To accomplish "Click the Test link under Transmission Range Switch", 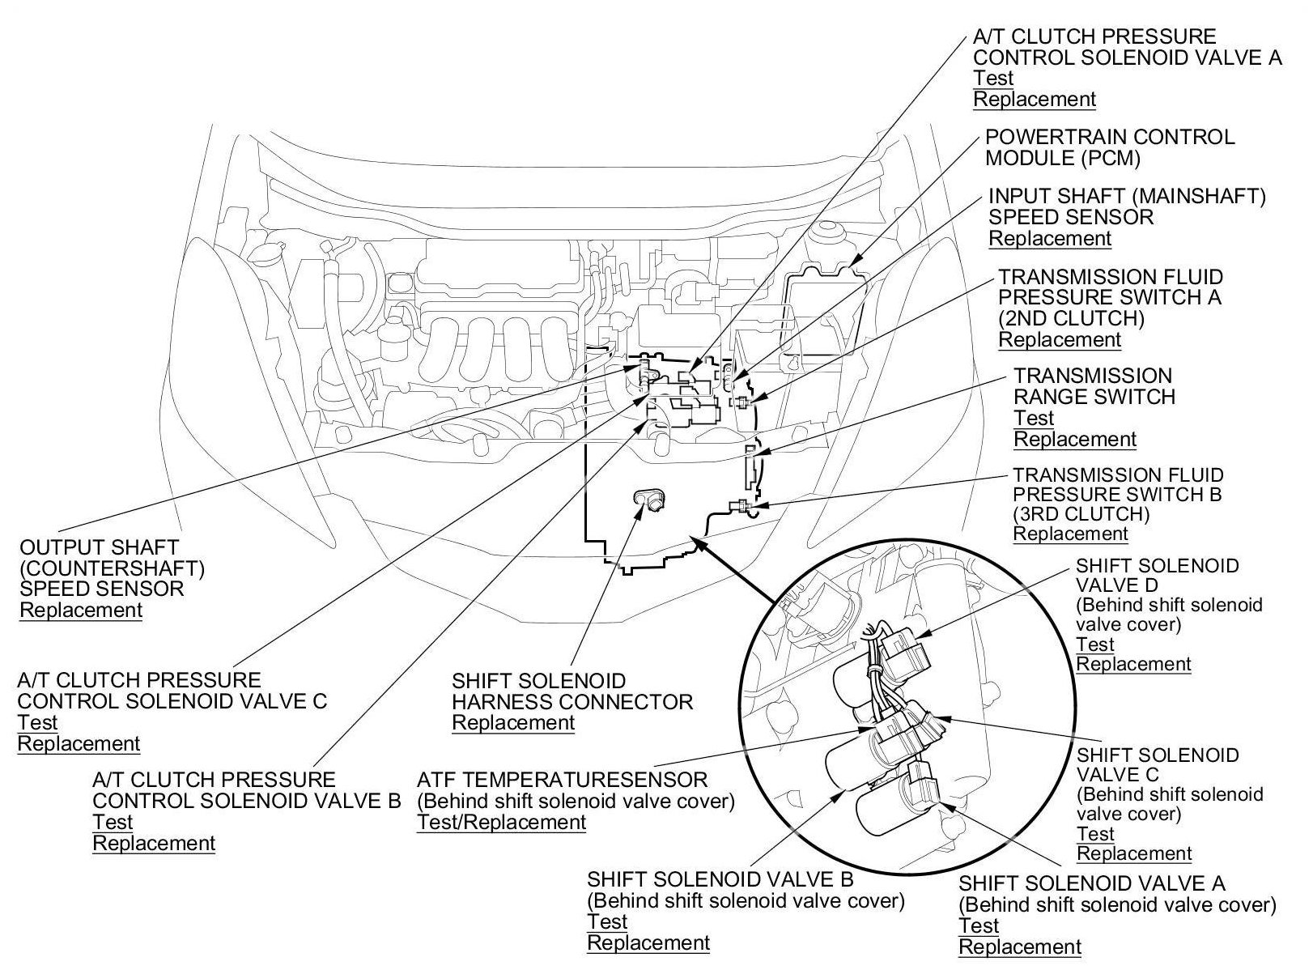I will [1034, 419].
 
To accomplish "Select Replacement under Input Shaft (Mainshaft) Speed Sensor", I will [1050, 239].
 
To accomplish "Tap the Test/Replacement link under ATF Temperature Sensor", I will [501, 823].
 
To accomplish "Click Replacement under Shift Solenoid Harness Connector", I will [513, 723].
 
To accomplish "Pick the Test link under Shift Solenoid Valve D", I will [1094, 645].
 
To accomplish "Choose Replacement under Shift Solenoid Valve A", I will [1020, 947].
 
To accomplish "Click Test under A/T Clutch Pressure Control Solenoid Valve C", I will [37, 722].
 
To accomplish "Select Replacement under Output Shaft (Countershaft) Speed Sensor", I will [81, 611].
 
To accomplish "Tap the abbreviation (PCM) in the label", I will [1110, 159].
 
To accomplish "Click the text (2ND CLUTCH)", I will [1071, 318].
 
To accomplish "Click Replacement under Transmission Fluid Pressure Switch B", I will [1070, 534].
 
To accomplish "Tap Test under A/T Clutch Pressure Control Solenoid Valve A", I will [993, 79].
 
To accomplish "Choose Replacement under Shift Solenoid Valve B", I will [648, 943].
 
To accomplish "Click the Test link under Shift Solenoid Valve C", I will [1095, 834].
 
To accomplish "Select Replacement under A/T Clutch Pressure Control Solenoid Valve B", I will [154, 844].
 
